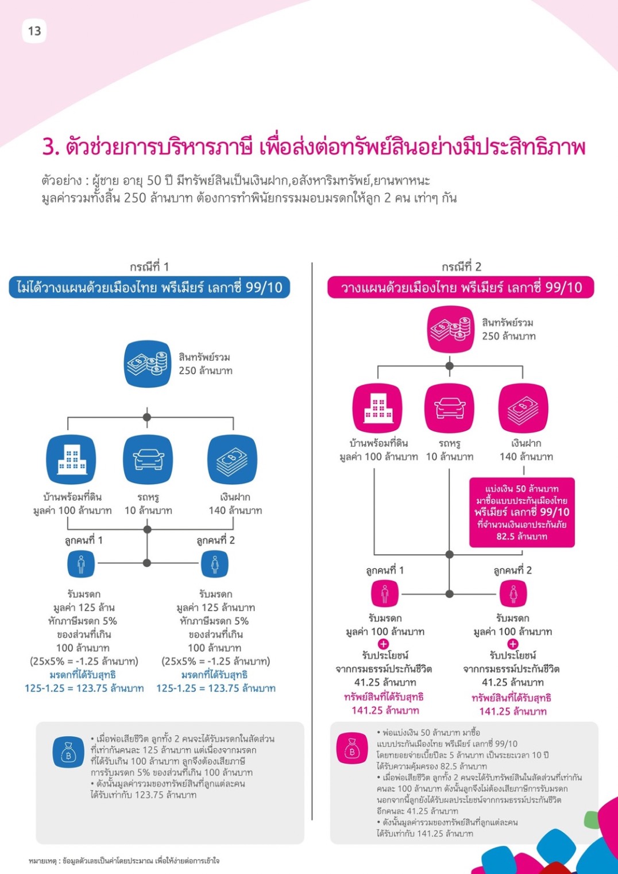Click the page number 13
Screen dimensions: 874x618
coord(34,31)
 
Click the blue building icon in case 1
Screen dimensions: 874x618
coord(71,460)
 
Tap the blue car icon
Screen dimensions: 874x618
coord(148,460)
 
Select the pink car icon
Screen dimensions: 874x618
coord(449,408)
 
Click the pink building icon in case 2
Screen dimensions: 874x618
coord(377,408)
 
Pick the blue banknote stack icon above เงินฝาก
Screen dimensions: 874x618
coord(233,460)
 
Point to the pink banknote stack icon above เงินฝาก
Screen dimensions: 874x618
coord(523,408)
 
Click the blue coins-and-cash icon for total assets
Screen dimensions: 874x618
coord(148,364)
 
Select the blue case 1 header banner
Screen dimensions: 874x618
coord(149,288)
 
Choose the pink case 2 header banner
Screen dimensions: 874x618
coord(461,288)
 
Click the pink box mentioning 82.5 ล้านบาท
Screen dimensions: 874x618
coord(522,512)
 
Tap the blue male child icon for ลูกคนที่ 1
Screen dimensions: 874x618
coord(81,564)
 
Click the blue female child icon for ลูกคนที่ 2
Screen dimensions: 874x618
coord(215,564)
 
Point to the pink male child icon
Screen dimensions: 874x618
coord(385,593)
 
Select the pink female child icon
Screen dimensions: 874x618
coord(513,593)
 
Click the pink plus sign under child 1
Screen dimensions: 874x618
coord(384,644)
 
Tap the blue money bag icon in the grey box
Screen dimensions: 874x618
coord(68,752)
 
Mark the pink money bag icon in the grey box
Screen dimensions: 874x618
coord(352,748)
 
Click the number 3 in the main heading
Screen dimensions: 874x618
coord(51,147)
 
